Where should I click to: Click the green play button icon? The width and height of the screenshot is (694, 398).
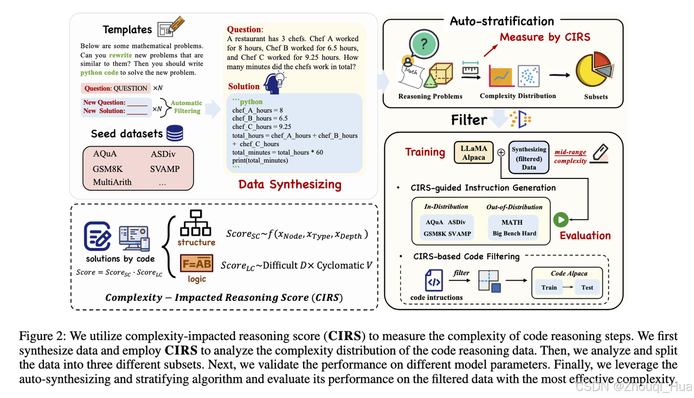[561, 220]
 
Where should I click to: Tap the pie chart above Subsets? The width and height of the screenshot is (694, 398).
[595, 70]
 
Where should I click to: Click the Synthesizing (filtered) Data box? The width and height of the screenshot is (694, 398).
[529, 158]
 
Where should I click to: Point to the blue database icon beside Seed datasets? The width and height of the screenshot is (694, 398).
[175, 133]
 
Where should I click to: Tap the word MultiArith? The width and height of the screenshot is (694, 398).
[112, 182]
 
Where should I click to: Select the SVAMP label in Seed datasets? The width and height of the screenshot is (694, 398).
[165, 169]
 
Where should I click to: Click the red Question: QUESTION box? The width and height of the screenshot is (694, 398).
[115, 88]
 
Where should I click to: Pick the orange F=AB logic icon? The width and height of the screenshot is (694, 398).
[196, 264]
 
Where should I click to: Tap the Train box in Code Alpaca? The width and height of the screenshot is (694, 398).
[549, 287]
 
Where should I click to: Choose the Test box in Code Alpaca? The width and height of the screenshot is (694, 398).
[587, 287]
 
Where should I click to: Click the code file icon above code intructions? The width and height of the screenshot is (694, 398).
[434, 280]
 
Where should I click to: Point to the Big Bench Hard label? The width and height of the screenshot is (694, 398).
[514, 234]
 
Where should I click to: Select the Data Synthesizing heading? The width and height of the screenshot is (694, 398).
[290, 184]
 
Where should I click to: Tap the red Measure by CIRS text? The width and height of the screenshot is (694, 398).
[545, 37]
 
